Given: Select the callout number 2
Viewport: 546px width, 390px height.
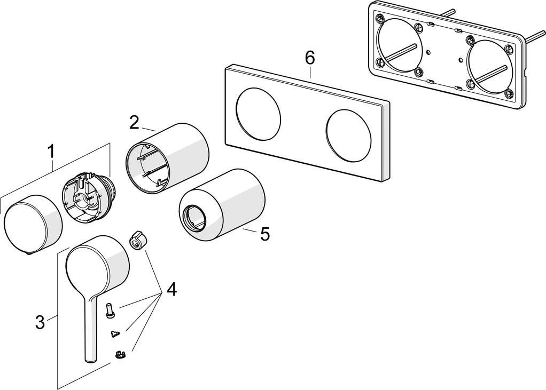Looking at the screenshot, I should click(135, 122).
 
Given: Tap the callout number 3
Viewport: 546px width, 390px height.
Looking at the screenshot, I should click(40, 322).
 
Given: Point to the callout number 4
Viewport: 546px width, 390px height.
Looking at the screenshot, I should click(171, 290).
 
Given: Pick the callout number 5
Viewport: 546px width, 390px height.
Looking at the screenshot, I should click(264, 234).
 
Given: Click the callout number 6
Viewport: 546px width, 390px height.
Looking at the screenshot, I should click(310, 58).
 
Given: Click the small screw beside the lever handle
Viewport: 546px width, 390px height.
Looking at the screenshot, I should click(111, 309).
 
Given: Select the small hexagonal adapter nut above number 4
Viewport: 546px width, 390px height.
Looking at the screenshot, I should click(137, 241).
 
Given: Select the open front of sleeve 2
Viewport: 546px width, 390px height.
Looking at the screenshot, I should click(147, 166).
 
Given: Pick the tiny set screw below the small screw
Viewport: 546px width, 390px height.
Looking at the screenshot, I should click(114, 334).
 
